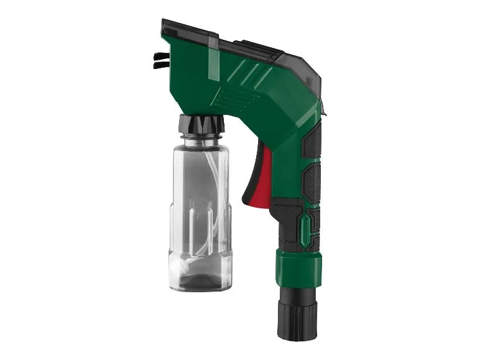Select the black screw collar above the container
point(200,124)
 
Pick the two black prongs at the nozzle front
point(160,59)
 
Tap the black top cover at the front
point(190,27)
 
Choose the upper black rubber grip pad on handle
point(313,140)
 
